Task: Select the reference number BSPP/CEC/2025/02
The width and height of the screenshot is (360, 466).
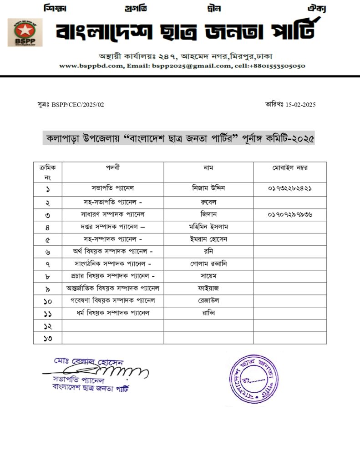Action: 78,105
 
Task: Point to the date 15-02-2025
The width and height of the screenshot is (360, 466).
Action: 300,105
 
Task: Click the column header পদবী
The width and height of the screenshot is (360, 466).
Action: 113,167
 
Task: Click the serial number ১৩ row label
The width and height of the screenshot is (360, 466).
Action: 48,338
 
